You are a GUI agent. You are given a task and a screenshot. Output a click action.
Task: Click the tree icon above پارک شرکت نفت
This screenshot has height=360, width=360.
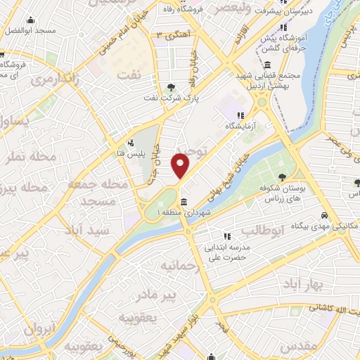tap(173, 87)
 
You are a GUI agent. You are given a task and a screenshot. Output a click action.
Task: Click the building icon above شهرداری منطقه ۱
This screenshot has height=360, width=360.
tap(184, 202)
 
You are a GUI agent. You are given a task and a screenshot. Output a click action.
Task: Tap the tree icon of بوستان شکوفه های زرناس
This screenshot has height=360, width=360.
tap(282, 178)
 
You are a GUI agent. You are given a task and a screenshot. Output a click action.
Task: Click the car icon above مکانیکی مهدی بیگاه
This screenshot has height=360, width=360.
tap(323, 215)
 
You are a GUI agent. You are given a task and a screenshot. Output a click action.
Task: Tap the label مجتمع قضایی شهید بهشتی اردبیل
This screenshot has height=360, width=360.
tap(278, 79)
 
